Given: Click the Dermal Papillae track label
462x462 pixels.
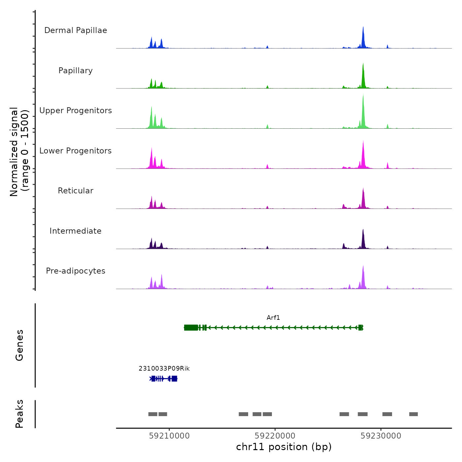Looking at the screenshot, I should [76, 30].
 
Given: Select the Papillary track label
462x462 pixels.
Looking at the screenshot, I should [76, 71].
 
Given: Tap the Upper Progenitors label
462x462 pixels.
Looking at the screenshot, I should [76, 111].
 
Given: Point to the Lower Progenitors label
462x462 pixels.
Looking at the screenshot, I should [76, 151].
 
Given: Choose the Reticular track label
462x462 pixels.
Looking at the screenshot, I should [76, 191].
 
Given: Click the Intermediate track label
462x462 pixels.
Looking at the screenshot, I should [76, 231].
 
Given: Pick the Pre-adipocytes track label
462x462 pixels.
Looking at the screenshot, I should [76, 271].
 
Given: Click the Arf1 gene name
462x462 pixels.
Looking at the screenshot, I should [273, 318].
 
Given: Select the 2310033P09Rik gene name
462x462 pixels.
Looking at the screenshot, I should [164, 369].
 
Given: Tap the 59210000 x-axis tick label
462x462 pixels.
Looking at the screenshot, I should [169, 436].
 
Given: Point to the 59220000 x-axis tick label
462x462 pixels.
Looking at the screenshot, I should [275, 436].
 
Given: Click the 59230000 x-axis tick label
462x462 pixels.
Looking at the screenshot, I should [381, 436].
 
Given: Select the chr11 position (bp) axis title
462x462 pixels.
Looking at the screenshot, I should [284, 447].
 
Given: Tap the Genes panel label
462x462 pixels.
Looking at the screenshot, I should [19, 345].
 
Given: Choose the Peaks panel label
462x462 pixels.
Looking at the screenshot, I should [19, 414].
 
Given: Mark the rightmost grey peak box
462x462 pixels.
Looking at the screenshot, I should [413, 414].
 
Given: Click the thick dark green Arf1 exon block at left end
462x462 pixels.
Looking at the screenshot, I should [191, 327].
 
